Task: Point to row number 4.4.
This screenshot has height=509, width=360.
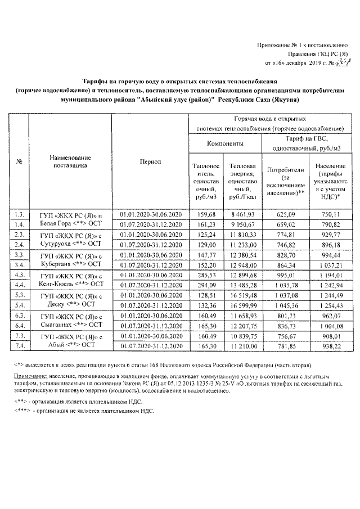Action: (x=19, y=285)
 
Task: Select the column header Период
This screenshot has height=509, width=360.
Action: (x=150, y=162)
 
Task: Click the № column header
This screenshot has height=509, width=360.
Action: (x=19, y=162)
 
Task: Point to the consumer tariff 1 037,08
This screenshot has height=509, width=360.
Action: (x=286, y=295)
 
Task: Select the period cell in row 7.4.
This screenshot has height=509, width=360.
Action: (x=150, y=346)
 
